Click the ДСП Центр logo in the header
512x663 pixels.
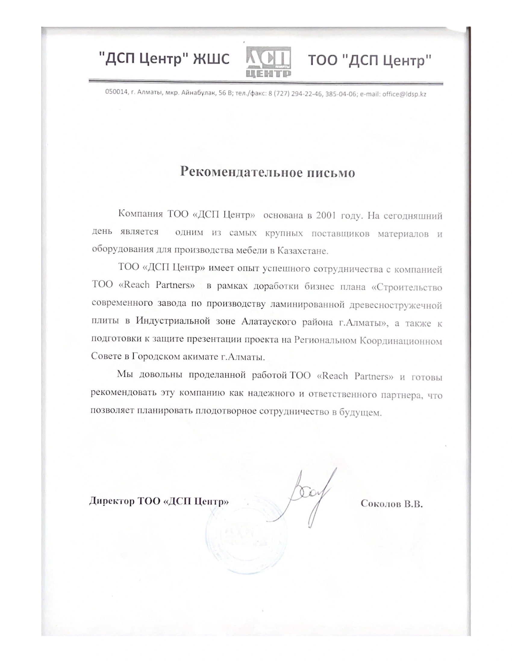coord(268,61)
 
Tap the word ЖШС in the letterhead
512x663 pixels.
coord(211,59)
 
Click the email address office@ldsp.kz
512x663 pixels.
coord(404,94)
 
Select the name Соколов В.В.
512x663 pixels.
coord(391,504)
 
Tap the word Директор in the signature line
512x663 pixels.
coord(111,501)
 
